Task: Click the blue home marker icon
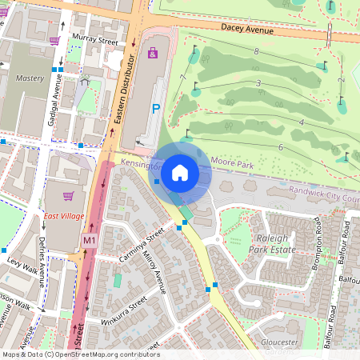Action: pos(180,172)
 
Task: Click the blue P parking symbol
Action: pos(156,108)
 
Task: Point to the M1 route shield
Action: pos(89,240)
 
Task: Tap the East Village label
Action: pos(64,217)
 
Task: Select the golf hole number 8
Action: pos(256,51)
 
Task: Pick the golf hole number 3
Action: pos(258,83)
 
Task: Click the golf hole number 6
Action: pos(281,147)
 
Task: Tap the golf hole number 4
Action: pos(301,122)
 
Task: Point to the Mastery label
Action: pos(30,78)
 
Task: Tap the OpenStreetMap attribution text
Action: pos(80,354)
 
